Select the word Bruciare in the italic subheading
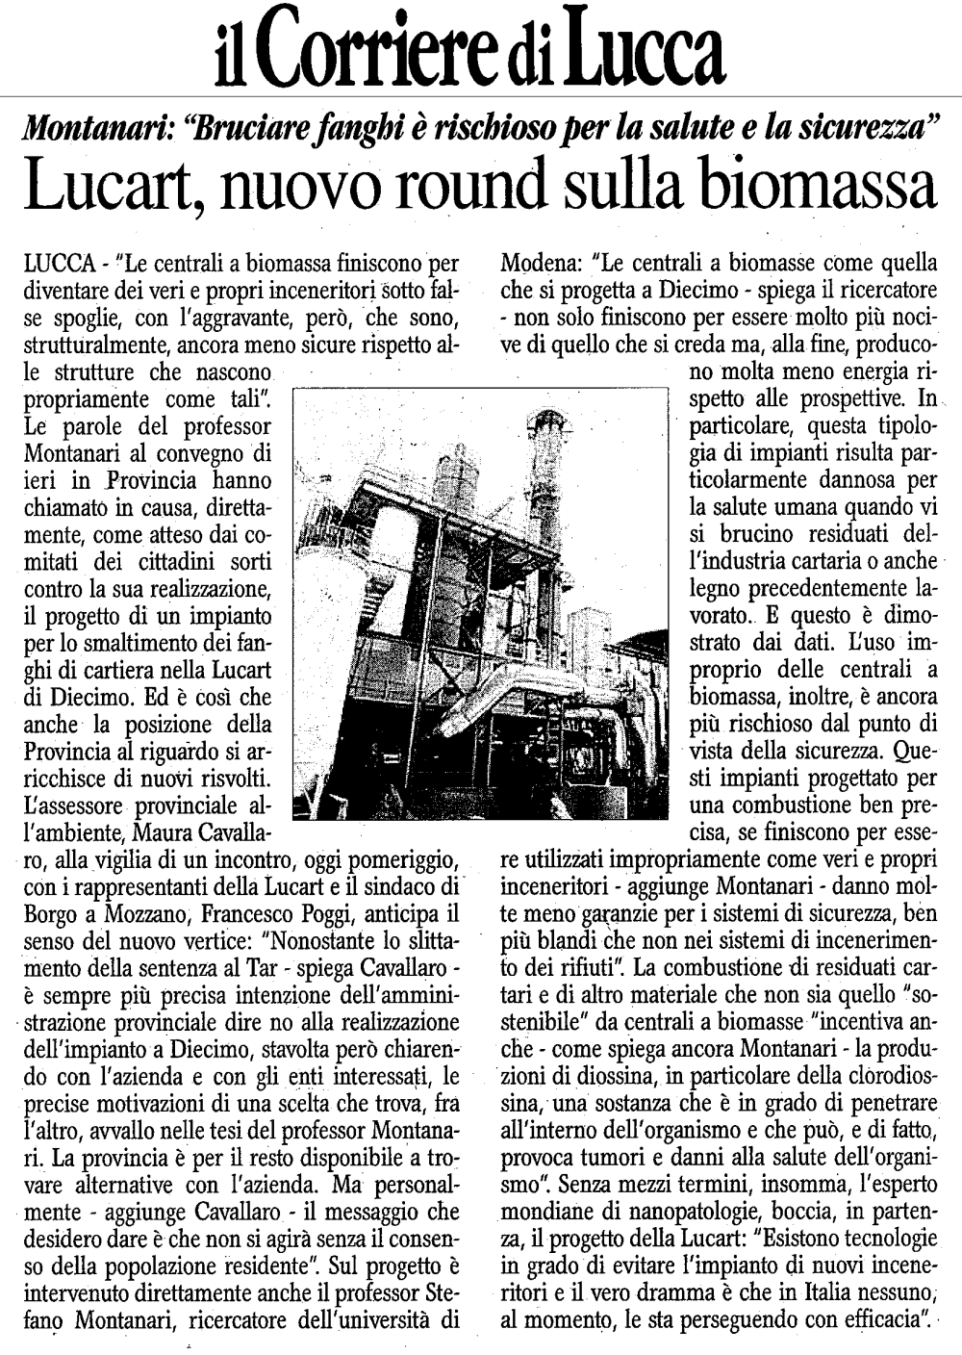tap(236, 126)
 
